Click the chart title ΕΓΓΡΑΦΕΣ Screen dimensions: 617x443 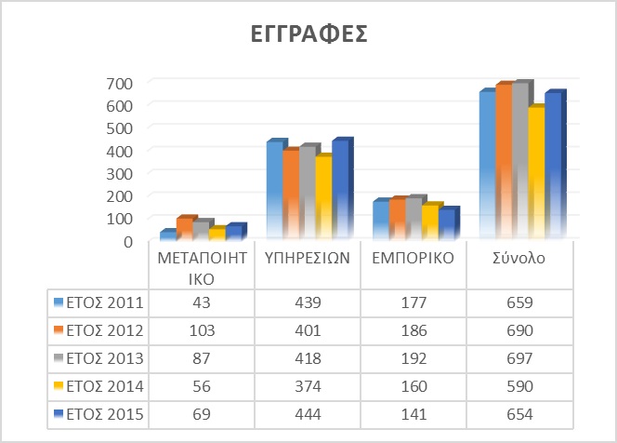pyautogui.click(x=308, y=34)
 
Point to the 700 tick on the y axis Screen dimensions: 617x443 pyautogui.click(x=119, y=83)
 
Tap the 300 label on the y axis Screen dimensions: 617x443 pyautogui.click(x=119, y=173)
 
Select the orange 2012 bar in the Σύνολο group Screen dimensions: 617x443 pyautogui.click(x=504, y=162)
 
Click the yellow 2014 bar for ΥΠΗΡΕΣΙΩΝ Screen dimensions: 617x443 pyautogui.click(x=323, y=197)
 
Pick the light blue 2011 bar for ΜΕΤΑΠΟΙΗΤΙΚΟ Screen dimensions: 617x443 pyautogui.click(x=168, y=235)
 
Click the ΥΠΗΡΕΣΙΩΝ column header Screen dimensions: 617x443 pyautogui.click(x=308, y=258)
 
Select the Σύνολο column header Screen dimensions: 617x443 pyautogui.click(x=519, y=258)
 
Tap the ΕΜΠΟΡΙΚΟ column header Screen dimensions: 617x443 pyautogui.click(x=414, y=258)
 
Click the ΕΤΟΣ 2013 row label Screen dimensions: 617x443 pyautogui.click(x=105, y=358)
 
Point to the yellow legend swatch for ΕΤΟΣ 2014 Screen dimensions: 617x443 pyautogui.click(x=59, y=386)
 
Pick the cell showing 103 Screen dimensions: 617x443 pyautogui.click(x=202, y=330)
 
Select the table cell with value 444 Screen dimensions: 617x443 pyautogui.click(x=308, y=415)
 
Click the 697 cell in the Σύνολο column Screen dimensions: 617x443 pyautogui.click(x=519, y=358)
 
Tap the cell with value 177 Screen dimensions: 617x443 pyautogui.click(x=414, y=302)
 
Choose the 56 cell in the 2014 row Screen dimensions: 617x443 pyautogui.click(x=202, y=386)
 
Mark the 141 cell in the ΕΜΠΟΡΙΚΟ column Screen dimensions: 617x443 pyautogui.click(x=414, y=415)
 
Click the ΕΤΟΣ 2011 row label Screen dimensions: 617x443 pyautogui.click(x=105, y=302)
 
